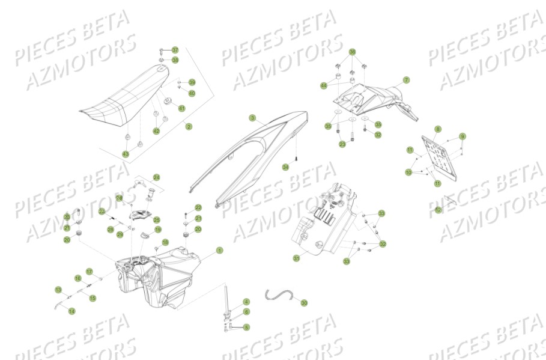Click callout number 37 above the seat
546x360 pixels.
click(x=175, y=50)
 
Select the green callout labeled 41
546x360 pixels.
click(x=181, y=108)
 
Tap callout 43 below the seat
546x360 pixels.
click(x=126, y=154)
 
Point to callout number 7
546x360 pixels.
click(x=406, y=80)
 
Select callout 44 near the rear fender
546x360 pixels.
click(x=324, y=85)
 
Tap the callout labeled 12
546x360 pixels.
click(x=438, y=210)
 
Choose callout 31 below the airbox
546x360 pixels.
click(x=296, y=258)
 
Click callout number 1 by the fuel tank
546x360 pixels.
click(x=220, y=250)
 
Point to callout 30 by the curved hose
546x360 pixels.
click(x=304, y=304)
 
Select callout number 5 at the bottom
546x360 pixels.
click(x=246, y=327)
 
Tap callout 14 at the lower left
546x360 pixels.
click(x=71, y=311)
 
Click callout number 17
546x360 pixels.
click(x=89, y=272)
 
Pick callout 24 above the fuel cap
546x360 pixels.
click(x=156, y=177)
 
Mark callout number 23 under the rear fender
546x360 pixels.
click(x=342, y=144)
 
